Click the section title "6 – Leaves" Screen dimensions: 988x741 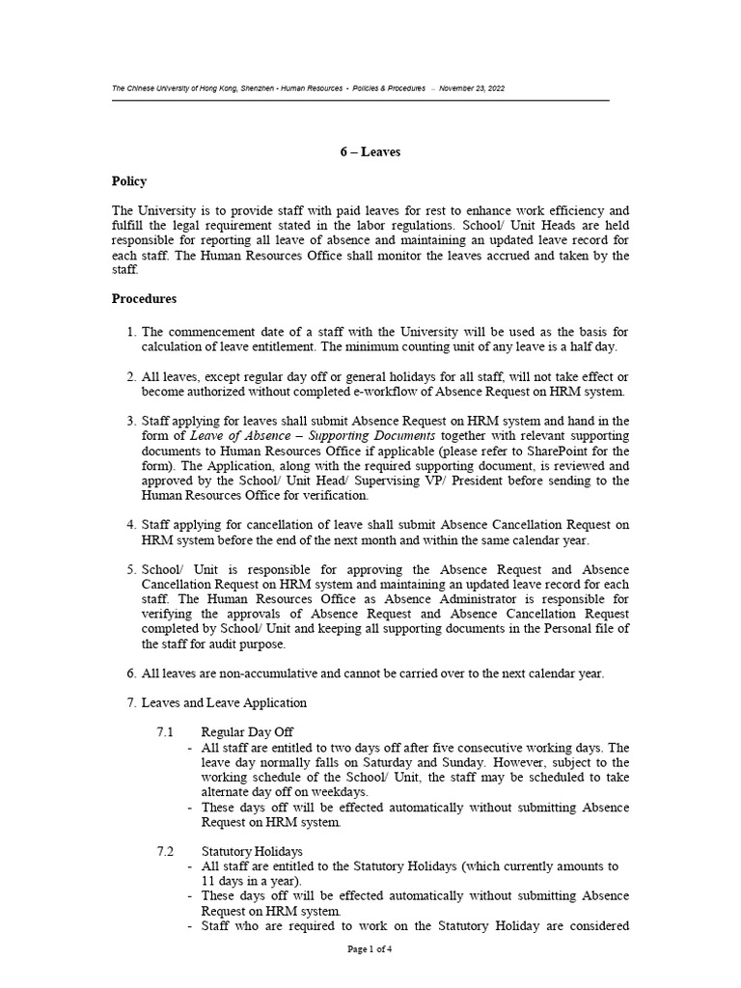(370, 151)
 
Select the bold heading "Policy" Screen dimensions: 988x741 (129, 181)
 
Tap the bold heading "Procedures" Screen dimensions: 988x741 (145, 299)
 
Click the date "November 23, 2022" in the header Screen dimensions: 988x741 (471, 88)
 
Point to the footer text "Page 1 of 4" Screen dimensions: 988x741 (370, 949)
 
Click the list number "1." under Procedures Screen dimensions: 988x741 (132, 333)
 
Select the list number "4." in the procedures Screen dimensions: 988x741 (132, 525)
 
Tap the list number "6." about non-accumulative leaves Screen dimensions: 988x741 (132, 673)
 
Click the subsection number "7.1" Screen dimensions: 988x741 (164, 732)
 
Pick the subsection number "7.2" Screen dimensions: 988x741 (164, 852)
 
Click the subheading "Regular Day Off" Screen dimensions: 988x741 (247, 732)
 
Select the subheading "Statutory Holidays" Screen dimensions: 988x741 (252, 852)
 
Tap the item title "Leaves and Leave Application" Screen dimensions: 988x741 (224, 702)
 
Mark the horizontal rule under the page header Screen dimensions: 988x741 (361, 100)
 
